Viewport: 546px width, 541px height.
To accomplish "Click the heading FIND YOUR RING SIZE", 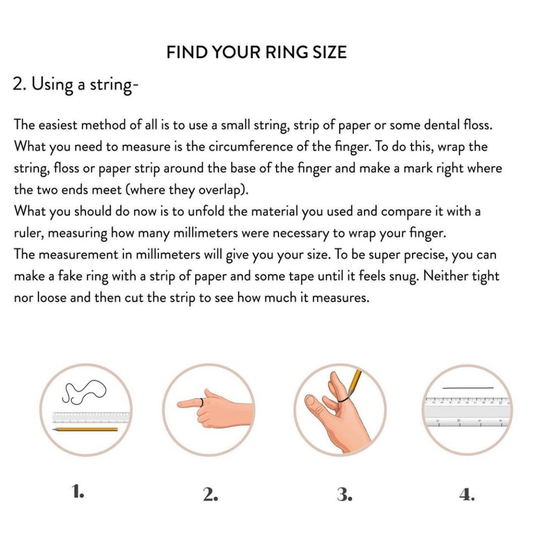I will [256, 52].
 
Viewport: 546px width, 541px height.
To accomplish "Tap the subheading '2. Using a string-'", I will [76, 85].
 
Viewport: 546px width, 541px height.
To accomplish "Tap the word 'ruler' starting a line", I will [29, 234].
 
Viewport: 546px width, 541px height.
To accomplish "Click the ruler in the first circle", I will [92, 417].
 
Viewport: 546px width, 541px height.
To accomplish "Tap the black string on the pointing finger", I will [200, 402].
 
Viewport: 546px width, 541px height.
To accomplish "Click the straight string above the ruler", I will [467, 388].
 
